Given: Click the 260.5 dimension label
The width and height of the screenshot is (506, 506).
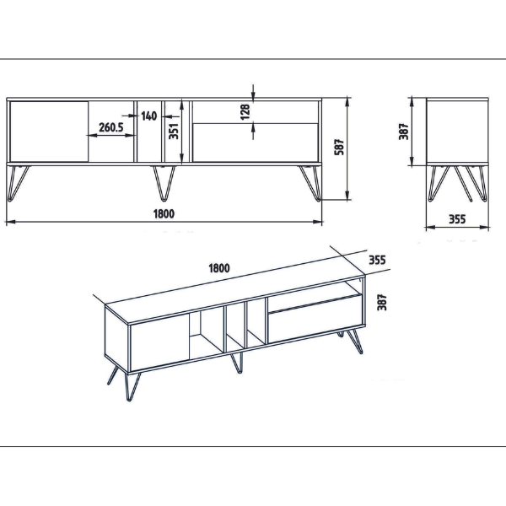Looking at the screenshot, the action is point(111,127).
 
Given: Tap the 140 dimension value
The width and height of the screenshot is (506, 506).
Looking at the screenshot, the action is point(148,116).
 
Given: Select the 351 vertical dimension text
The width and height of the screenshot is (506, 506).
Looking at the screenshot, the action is point(174,131).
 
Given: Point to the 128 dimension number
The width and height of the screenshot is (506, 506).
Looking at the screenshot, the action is point(245,111).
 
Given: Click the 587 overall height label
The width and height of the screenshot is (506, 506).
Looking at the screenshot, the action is point(339,147).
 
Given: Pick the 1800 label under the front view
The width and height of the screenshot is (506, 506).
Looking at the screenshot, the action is point(164,213).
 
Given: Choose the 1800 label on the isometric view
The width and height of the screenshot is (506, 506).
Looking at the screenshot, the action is point(219,268).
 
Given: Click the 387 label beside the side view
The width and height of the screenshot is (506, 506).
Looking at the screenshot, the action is point(404,132).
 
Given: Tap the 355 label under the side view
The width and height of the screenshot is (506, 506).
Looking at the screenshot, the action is point(457,219).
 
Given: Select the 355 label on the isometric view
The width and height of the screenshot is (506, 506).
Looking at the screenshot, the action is point(377,260).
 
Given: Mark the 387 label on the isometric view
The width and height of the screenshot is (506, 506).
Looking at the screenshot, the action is point(382,302).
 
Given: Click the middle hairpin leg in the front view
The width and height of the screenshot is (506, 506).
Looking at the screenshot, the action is point(164,183).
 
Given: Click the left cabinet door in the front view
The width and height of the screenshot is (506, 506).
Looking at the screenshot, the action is point(49,132).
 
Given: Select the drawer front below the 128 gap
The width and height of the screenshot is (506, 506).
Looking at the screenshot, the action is point(256,143).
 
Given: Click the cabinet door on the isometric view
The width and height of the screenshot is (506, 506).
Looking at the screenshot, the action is point(159,342).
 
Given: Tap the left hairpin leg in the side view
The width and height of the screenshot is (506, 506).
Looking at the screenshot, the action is point(438,183).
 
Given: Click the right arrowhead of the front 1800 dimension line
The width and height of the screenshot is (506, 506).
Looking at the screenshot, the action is point(318,222).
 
